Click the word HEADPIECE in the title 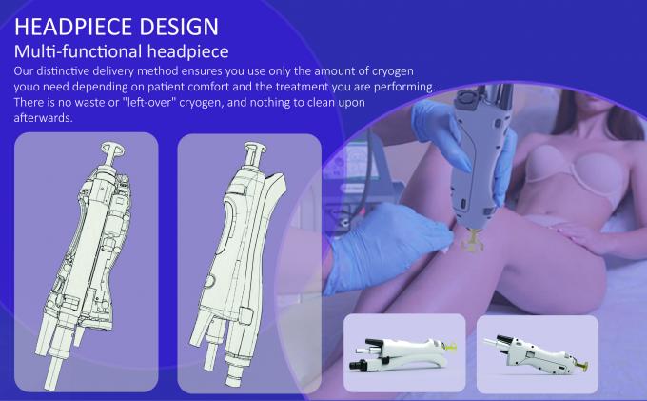pyautogui.click(x=73, y=27)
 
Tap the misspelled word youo pyautogui.click(x=27, y=88)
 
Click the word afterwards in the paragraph pyautogui.click(x=44, y=118)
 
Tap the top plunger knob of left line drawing pyautogui.click(x=112, y=149)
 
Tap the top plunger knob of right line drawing pyautogui.click(x=255, y=148)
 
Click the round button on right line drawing pyautogui.click(x=209, y=281)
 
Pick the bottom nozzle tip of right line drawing pyautogui.click(x=233, y=381)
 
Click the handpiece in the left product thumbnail pyautogui.click(x=402, y=354)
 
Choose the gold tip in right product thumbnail pyautogui.click(x=583, y=366)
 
